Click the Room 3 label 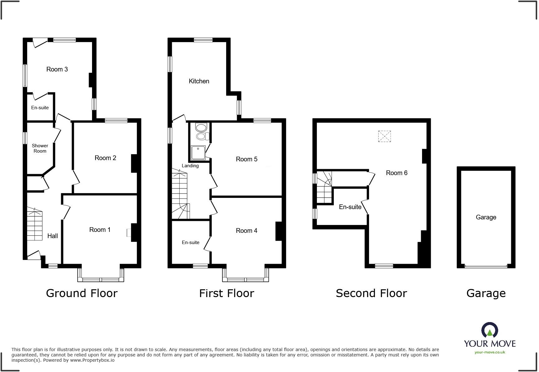(57, 69)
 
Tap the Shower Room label (40, 148)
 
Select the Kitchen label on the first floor (199, 81)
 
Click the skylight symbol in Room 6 (384, 136)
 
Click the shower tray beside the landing (198, 153)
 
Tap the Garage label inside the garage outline (486, 217)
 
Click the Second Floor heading (371, 293)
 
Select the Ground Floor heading (82, 293)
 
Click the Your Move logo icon (490, 330)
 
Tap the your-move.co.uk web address (490, 352)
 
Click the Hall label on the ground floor (52, 236)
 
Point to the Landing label (190, 166)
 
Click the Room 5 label (246, 159)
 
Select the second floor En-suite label (350, 207)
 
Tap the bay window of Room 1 (101, 279)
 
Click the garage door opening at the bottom (486, 267)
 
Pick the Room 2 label (105, 158)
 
